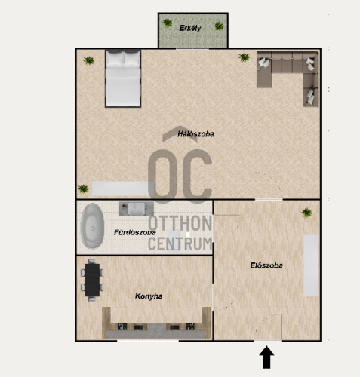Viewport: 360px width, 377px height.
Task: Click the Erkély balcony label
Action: click(x=190, y=28)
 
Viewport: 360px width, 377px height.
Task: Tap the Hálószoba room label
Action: click(x=195, y=134)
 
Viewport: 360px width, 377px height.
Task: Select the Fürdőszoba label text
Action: click(x=135, y=232)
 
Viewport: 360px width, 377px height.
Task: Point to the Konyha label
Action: click(x=149, y=296)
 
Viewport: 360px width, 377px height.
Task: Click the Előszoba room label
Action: click(x=266, y=265)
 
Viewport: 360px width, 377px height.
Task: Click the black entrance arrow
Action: click(x=266, y=357)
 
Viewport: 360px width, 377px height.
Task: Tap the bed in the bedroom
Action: click(x=123, y=78)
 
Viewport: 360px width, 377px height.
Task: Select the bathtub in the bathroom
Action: click(x=92, y=226)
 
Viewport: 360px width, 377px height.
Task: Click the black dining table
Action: click(x=92, y=280)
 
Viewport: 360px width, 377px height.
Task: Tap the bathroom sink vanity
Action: click(x=137, y=209)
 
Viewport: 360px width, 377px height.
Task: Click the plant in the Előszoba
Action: click(x=306, y=213)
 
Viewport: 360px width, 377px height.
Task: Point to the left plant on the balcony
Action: click(x=168, y=23)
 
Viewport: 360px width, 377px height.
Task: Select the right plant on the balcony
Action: click(x=219, y=26)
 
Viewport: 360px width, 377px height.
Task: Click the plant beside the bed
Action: click(x=89, y=60)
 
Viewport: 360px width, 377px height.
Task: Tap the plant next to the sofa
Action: click(x=245, y=57)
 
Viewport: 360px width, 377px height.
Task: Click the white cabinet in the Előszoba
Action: click(x=311, y=265)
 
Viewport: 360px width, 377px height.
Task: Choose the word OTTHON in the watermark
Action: click(x=180, y=223)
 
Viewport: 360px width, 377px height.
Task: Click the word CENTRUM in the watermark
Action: click(x=180, y=244)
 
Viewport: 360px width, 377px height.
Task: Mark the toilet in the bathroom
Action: click(x=174, y=241)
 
